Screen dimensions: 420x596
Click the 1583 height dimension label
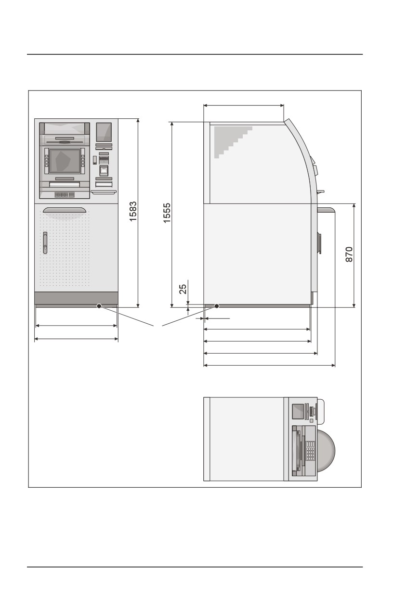coord(133,211)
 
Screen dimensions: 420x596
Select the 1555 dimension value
coord(167,213)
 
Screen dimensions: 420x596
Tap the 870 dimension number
coord(349,254)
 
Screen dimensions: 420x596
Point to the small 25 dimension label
coord(183,289)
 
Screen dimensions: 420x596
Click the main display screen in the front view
coord(65,161)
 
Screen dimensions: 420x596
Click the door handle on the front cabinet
coord(45,242)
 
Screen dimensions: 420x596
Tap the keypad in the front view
coord(65,195)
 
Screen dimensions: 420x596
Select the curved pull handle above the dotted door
coord(65,210)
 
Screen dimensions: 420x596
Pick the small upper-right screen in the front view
coord(104,132)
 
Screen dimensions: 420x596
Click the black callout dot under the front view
coord(99,306)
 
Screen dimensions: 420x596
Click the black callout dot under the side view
coord(217,306)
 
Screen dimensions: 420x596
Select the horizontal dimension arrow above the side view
coord(244,105)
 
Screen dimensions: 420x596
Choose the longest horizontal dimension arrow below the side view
coord(269,365)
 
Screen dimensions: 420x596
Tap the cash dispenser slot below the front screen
coord(65,184)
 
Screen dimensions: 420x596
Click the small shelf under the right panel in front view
coord(104,191)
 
